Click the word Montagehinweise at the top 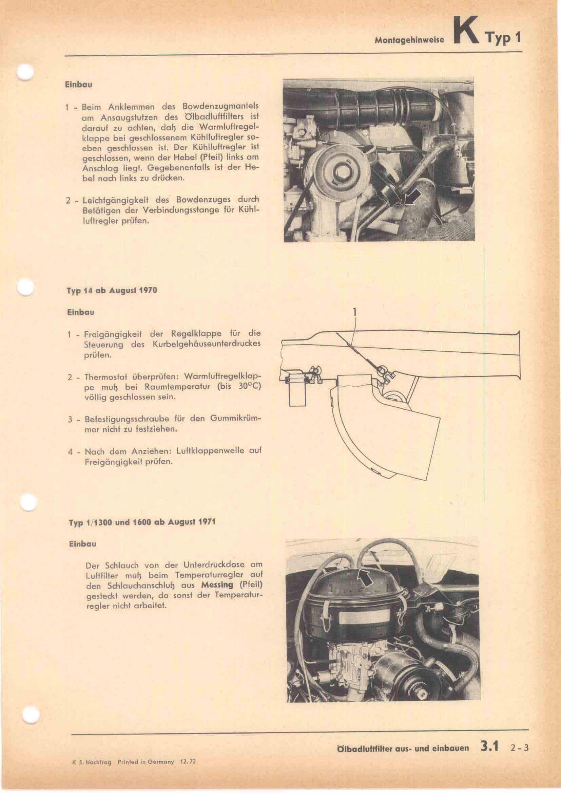pos(409,40)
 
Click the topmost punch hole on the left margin pos(25,73)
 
